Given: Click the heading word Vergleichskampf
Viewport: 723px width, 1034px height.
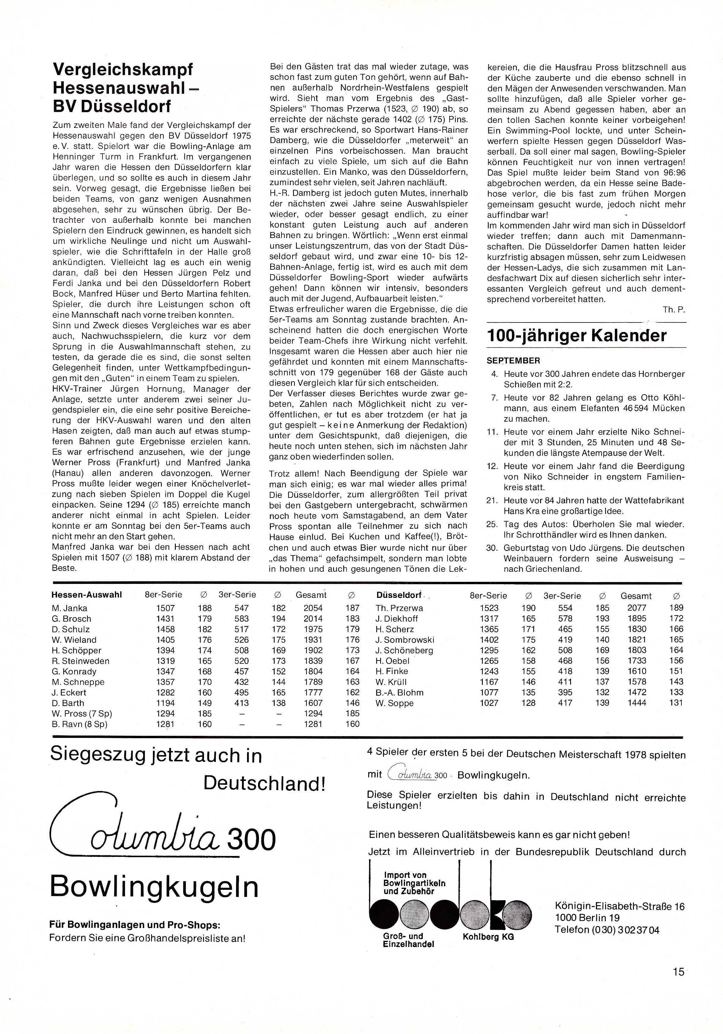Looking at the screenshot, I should (123, 70).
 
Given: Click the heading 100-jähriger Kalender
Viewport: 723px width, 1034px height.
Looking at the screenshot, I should (577, 336).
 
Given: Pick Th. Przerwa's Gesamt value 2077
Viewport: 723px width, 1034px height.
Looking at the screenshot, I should (637, 608).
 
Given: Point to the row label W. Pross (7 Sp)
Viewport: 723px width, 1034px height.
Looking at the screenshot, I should (82, 713).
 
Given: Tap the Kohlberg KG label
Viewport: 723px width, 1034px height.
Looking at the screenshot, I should (488, 937).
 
